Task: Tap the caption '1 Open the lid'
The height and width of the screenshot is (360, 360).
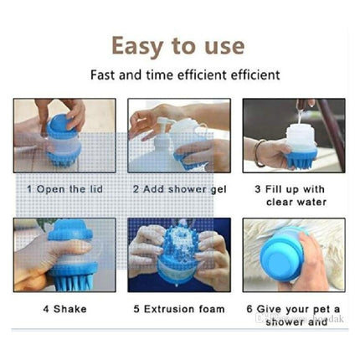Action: click(64, 189)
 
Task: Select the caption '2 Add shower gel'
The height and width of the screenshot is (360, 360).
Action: click(179, 189)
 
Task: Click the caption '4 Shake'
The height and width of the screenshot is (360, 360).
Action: click(64, 309)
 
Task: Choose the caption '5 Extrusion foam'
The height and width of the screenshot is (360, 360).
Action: click(179, 309)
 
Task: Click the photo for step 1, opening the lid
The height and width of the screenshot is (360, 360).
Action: click(64, 136)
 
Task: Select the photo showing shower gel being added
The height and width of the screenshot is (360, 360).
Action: click(179, 136)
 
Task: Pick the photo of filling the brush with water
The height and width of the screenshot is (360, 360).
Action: click(294, 136)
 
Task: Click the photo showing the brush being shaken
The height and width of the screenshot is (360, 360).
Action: click(64, 255)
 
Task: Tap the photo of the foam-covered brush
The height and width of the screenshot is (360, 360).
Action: click(179, 255)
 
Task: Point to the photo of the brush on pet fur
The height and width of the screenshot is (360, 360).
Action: click(294, 255)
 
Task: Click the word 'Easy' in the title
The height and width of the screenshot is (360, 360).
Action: click(139, 46)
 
